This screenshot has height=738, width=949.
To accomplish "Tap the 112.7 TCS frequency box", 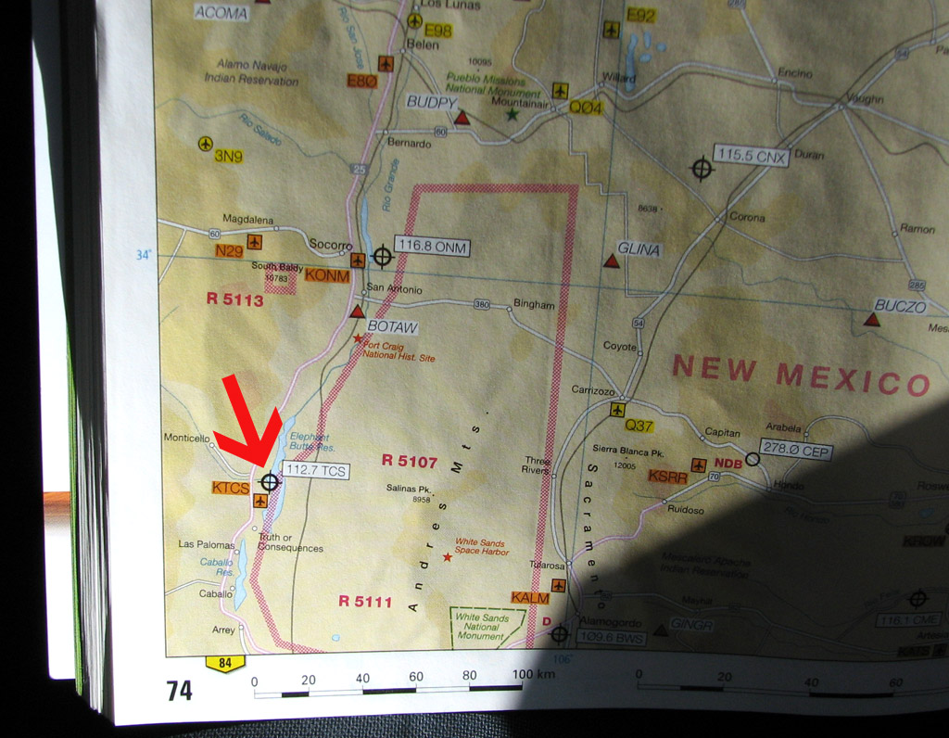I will (x=315, y=471).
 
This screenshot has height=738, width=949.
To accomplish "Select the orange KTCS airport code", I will (x=231, y=487).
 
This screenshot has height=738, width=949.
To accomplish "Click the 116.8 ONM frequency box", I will (x=431, y=247).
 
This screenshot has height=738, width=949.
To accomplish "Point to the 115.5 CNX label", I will (x=752, y=157).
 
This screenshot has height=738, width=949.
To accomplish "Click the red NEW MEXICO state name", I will (x=801, y=374).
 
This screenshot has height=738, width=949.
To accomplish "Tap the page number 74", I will (x=179, y=691).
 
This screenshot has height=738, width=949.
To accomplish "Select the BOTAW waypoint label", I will (x=392, y=326).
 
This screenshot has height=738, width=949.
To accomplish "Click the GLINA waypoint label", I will (x=638, y=249).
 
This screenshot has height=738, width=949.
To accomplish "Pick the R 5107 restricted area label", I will (x=409, y=460).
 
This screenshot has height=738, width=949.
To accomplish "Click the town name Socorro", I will (x=330, y=245).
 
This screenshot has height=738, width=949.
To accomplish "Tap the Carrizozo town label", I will (x=593, y=389).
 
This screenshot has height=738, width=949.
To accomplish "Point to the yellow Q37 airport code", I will (x=639, y=426).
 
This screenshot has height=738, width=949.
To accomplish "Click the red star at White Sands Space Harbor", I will (x=447, y=557).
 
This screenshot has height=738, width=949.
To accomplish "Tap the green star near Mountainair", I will (x=511, y=114).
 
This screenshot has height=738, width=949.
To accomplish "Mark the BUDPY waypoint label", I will (x=432, y=103).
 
